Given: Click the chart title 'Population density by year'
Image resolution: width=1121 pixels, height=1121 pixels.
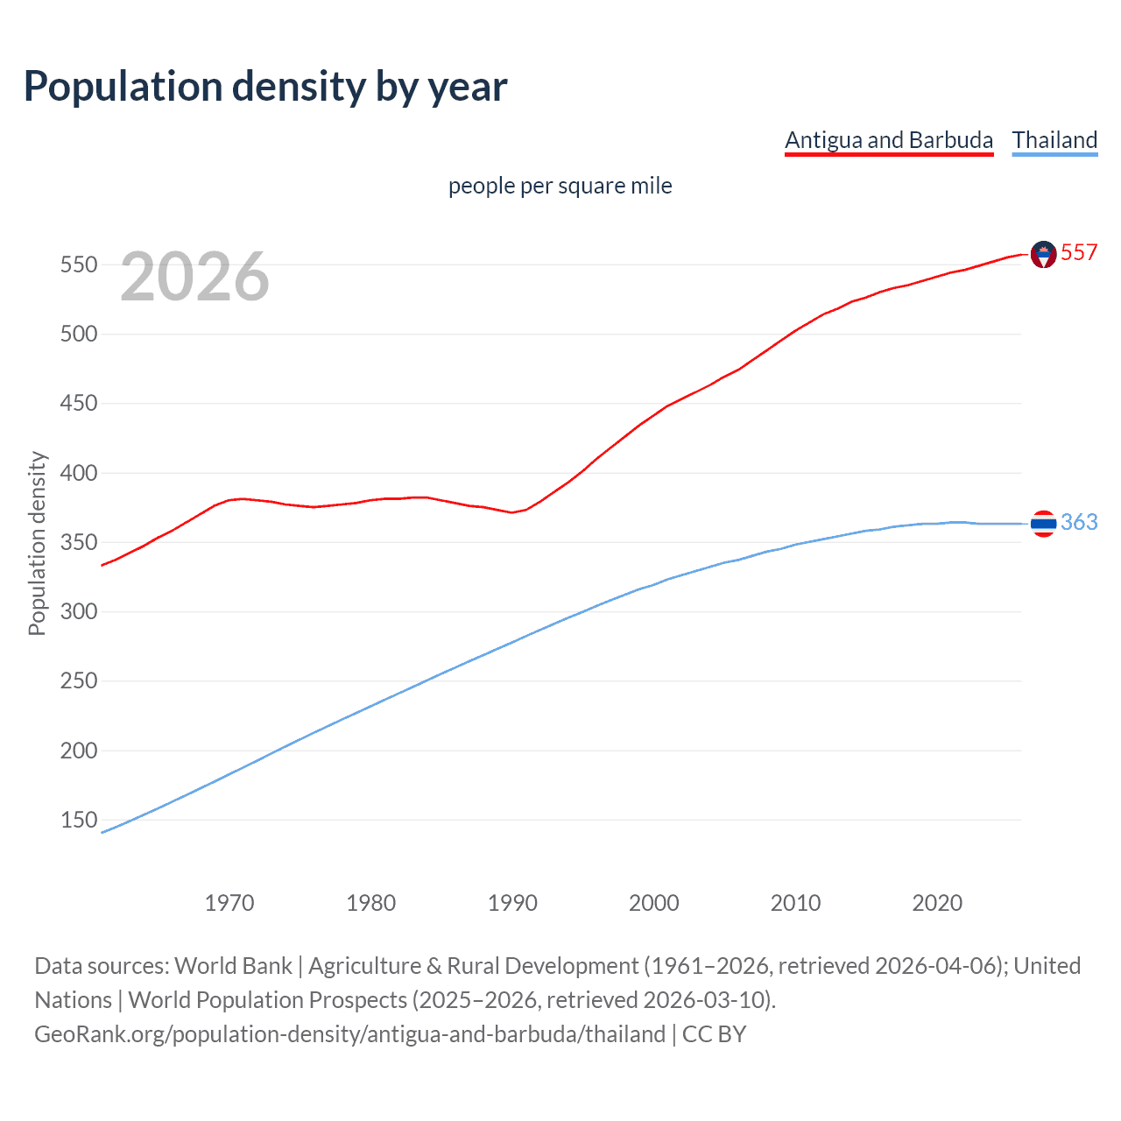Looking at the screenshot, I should (265, 87).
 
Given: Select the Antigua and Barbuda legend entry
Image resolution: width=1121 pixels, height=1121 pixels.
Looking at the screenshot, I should (889, 140).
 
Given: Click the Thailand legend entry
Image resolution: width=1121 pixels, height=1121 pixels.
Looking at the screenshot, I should (1054, 140).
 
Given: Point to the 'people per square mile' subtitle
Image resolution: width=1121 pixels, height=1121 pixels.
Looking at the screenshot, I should (560, 186).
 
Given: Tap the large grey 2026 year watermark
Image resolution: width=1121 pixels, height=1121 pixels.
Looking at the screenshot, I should (194, 277).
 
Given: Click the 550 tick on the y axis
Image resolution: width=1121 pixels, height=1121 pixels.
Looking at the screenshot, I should (79, 264).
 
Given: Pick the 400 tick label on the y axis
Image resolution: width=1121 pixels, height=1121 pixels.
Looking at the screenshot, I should (79, 473).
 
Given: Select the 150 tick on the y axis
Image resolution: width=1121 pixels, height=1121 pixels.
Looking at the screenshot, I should (79, 820).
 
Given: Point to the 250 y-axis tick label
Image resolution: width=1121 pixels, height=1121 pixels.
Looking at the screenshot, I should (79, 680).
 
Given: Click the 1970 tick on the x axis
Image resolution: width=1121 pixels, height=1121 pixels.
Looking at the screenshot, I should (229, 903).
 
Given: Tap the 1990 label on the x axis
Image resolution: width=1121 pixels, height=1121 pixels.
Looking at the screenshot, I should (512, 903).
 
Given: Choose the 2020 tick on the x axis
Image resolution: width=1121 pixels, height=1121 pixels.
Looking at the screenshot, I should (937, 903).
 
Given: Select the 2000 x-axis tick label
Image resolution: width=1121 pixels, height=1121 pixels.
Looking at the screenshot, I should (654, 903).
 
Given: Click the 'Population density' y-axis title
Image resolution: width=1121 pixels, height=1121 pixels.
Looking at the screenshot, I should (37, 543).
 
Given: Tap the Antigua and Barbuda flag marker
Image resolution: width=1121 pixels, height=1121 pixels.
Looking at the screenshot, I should (1043, 254).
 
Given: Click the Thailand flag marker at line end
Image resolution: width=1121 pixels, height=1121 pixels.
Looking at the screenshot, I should (1043, 524).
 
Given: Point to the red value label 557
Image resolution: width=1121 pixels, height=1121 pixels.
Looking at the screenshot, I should (1079, 252).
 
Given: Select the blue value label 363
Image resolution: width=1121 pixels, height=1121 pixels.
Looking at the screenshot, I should (1079, 522).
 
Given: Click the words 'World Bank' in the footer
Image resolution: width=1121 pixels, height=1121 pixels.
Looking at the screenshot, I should (233, 965).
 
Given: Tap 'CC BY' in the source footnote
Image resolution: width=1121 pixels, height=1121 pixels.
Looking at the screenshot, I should (714, 1033).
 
